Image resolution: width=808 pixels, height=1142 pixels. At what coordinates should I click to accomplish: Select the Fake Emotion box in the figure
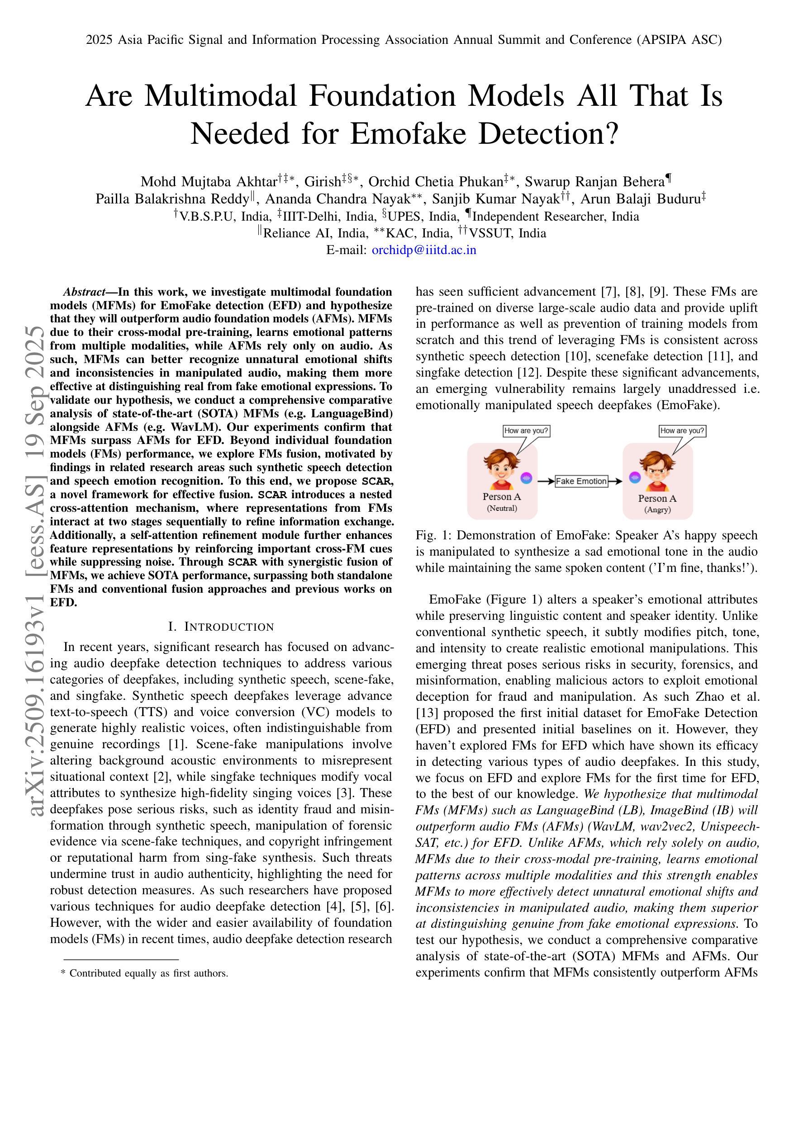[x=581, y=481]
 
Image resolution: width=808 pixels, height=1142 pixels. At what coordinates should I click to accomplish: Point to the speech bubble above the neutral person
[x=526, y=431]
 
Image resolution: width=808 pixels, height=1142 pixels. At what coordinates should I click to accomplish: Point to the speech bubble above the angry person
[x=682, y=431]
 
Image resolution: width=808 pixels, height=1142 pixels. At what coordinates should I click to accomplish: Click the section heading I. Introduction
[x=221, y=627]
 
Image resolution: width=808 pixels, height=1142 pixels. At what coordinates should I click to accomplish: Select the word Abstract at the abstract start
[x=84, y=292]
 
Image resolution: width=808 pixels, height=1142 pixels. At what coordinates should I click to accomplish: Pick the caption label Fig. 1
[x=432, y=536]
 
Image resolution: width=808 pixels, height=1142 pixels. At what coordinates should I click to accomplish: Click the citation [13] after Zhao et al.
[x=427, y=713]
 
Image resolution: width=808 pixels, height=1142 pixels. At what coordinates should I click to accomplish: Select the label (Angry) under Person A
[x=657, y=510]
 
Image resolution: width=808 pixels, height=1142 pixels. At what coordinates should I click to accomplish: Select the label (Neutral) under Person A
[x=501, y=508]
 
